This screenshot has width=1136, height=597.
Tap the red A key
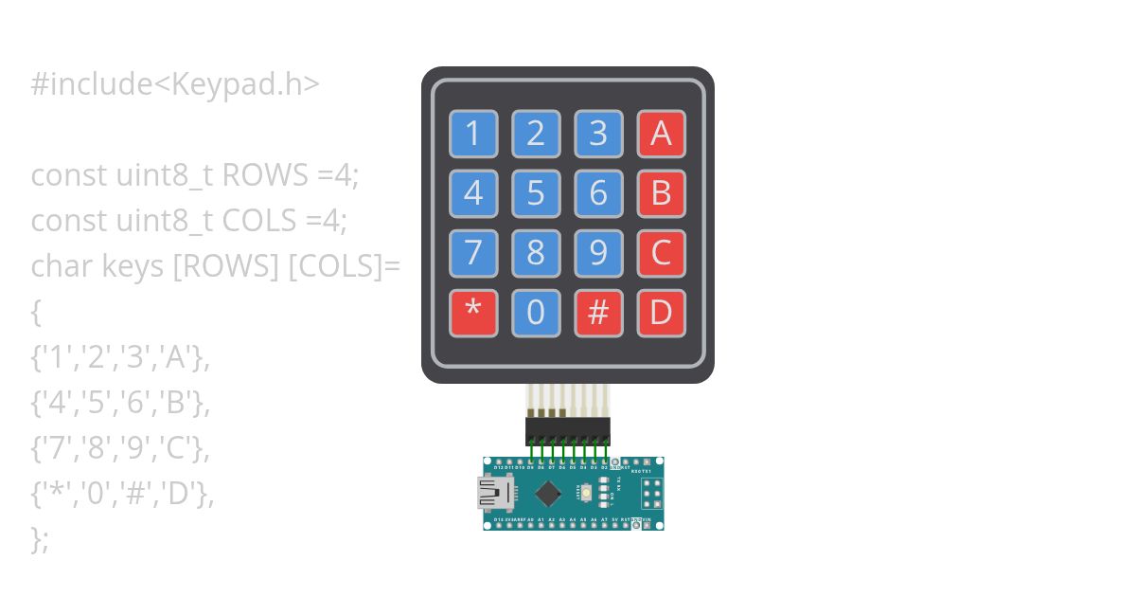661,134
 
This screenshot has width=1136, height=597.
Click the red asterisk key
473,312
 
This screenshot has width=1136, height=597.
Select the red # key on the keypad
598,312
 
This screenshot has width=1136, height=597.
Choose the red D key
661,312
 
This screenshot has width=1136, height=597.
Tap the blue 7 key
473,253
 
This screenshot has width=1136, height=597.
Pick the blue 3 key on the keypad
598,134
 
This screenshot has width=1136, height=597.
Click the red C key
661,253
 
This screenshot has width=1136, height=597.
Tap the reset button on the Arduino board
587,493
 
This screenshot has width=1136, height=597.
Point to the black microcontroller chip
547,493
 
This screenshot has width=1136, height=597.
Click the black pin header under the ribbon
568,432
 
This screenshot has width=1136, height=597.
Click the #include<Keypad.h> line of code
175,84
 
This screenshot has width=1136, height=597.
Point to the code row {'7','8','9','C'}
120,448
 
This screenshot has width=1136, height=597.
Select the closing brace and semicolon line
40,539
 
